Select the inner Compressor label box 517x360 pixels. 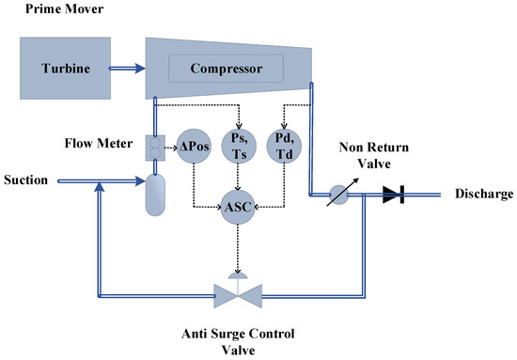[226, 68]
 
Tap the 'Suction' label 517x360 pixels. [26, 180]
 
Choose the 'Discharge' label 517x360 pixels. [483, 195]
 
